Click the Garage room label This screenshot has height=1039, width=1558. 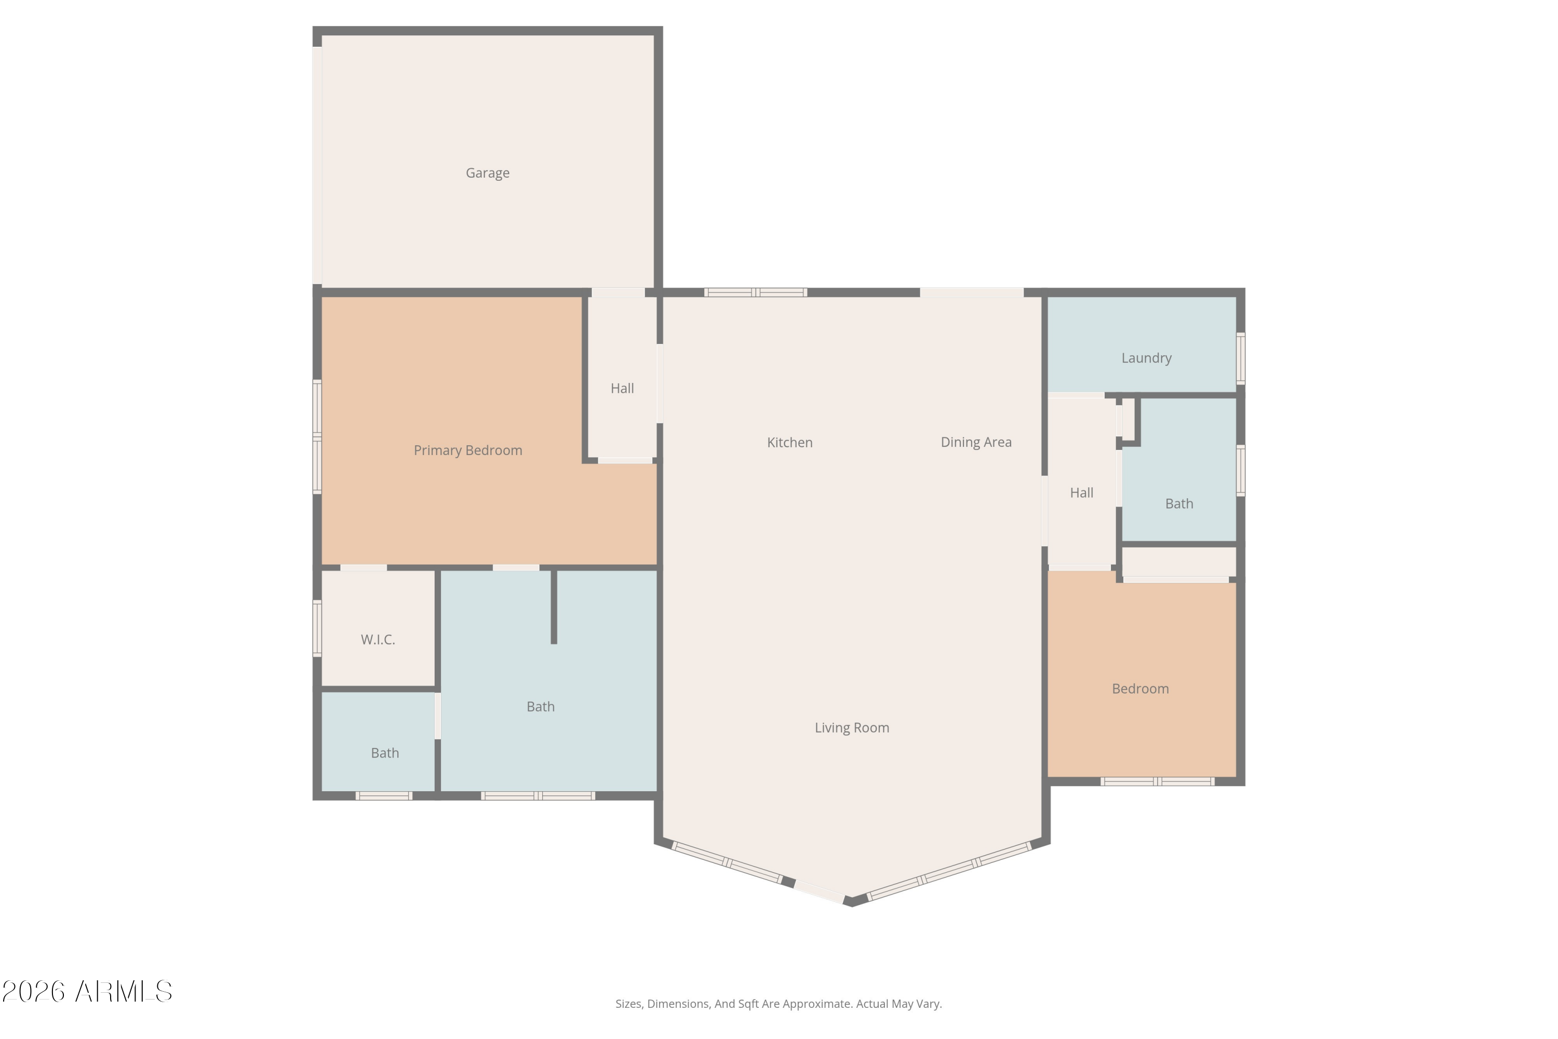point(488,173)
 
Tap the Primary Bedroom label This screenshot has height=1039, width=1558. point(468,450)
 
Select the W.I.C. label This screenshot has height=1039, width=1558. point(378,640)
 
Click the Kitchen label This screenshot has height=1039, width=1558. point(789,443)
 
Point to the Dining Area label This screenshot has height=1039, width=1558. point(976,442)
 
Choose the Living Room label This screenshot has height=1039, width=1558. point(852,728)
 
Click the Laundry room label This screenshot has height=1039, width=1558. point(1146,358)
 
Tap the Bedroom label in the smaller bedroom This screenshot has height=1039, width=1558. point(1140,688)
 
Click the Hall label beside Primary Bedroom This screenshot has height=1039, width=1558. point(622,388)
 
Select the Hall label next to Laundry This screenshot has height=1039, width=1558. point(1081,493)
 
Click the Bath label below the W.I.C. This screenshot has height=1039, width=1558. point(385,753)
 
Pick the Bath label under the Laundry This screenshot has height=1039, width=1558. point(1179,503)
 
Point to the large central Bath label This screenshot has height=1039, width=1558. point(541,707)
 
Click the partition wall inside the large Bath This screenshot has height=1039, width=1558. point(554,606)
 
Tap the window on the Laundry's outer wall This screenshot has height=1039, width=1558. point(1241,358)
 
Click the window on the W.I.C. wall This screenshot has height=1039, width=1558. point(317,628)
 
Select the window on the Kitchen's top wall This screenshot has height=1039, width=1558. point(755,292)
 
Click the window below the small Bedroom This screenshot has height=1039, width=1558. point(1157,782)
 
